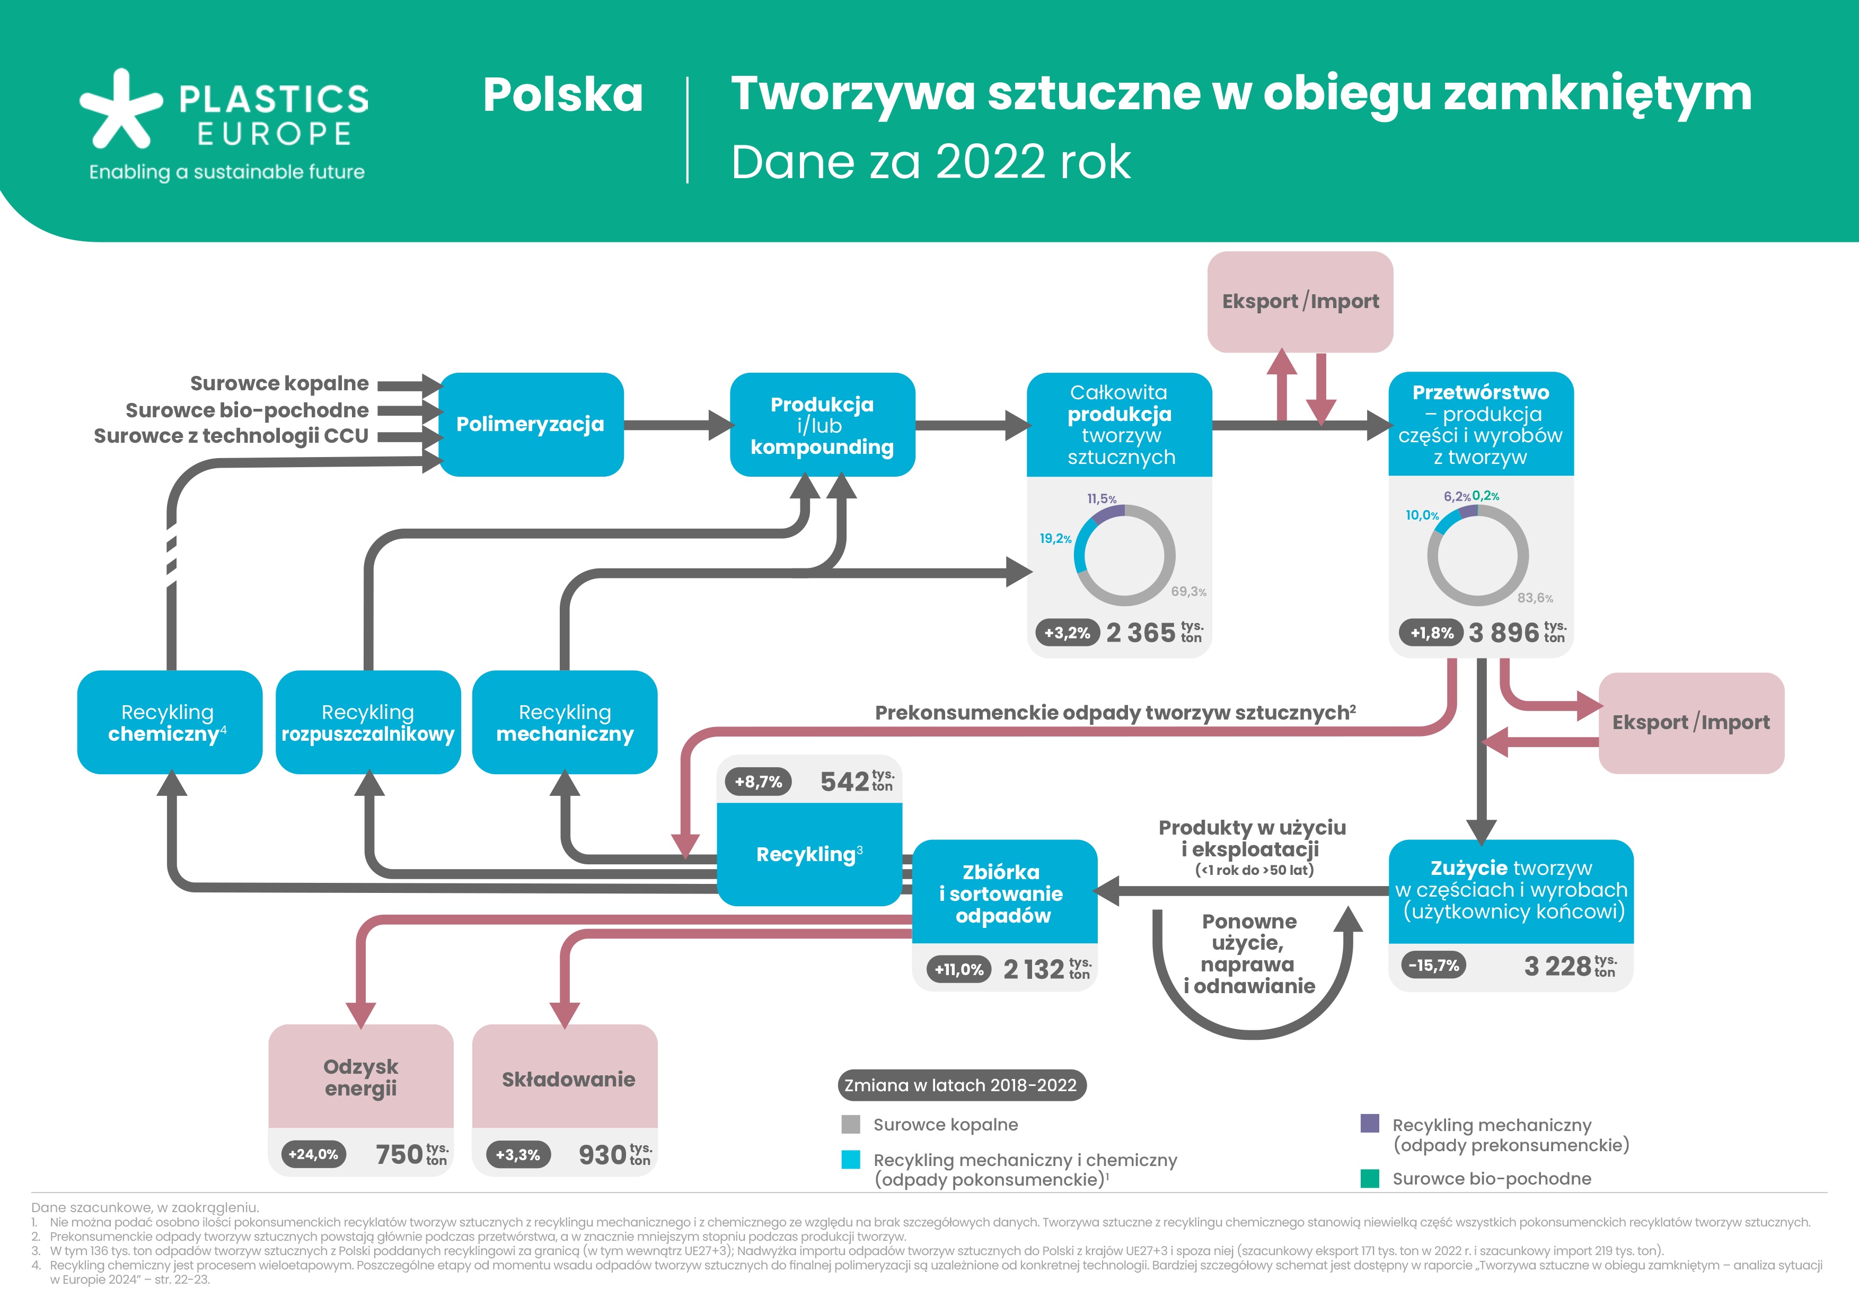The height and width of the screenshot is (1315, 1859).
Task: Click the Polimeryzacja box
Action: pos(530,424)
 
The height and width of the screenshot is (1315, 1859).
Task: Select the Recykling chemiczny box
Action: pos(169,722)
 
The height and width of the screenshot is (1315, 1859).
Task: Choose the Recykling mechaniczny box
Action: pos(565,722)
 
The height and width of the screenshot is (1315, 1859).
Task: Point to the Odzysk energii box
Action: pos(361,1077)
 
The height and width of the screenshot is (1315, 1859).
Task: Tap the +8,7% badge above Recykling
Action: pos(758,782)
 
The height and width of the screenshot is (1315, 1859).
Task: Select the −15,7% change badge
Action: pos(1433,965)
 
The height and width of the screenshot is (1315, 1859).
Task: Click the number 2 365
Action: pos(1140,633)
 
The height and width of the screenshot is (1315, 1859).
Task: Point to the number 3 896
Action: pos(1503,633)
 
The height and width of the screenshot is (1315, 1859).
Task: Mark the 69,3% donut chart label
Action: pos(1188,592)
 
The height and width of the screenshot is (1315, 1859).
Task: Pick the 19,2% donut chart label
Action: pos(1055,539)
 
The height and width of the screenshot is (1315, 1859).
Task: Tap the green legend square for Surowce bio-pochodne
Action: pos(1369,1178)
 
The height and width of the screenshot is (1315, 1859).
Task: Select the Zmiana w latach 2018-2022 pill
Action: pos(961,1085)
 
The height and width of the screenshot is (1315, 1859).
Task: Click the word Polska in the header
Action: pos(563,95)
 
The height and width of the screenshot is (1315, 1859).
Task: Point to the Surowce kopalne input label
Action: pos(279,383)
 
